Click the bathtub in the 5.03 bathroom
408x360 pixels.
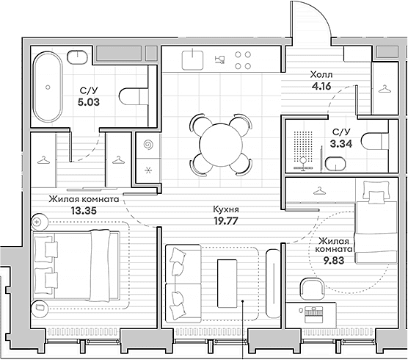pyautogui.click(x=48, y=87)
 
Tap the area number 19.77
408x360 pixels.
pyautogui.click(x=226, y=221)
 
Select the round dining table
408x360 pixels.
pyautogui.click(x=221, y=145)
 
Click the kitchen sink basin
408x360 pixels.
pyautogui.click(x=192, y=60)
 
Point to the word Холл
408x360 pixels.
pyautogui.click(x=321, y=75)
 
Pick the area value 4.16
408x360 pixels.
pyautogui.click(x=321, y=86)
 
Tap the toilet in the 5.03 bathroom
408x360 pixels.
pyautogui.click(x=134, y=96)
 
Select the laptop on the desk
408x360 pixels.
pyautogui.click(x=313, y=312)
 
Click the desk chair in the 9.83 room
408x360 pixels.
pyautogui.click(x=312, y=289)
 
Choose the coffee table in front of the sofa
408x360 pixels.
pyautogui.click(x=227, y=284)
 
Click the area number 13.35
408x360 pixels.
pyautogui.click(x=84, y=210)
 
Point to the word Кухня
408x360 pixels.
pyautogui.click(x=226, y=209)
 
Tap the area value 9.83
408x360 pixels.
pyautogui.click(x=334, y=260)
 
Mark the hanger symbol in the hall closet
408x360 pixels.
pyautogui.click(x=385, y=89)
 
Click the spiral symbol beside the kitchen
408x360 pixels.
pyautogui.click(x=149, y=145)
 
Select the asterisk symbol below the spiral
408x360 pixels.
pyautogui.click(x=148, y=170)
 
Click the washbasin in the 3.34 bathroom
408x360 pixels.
pyautogui.click(x=335, y=164)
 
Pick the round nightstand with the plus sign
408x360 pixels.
pyautogui.click(x=40, y=222)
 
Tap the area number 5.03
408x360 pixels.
pyautogui.click(x=89, y=102)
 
